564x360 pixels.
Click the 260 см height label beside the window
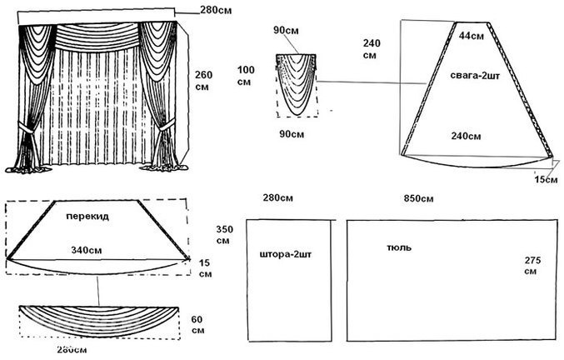203,81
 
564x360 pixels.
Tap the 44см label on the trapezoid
472,35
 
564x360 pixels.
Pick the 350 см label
222,234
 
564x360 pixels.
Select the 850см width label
418,198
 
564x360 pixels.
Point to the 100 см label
245,75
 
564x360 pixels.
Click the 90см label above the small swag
286,31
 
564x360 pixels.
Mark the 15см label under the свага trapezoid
547,180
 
